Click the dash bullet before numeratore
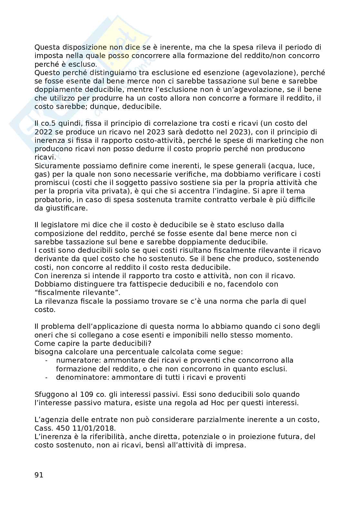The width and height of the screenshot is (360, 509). [47, 360]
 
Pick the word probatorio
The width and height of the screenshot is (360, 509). [54, 200]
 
